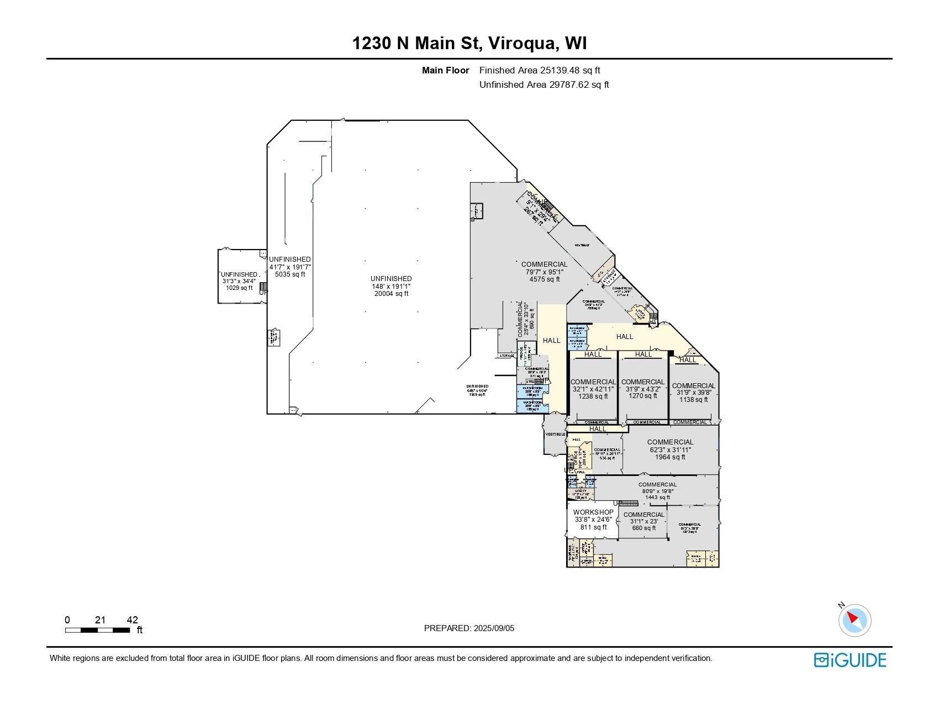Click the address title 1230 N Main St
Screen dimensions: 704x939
469,43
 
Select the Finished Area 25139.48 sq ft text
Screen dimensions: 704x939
539,70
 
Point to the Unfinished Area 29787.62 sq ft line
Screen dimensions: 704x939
544,84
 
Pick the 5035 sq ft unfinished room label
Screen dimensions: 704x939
289,267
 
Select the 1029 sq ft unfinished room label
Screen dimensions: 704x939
239,280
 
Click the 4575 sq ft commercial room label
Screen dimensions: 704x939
544,272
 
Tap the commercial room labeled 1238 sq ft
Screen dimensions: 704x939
593,389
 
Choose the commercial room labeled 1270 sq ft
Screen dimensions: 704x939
642,389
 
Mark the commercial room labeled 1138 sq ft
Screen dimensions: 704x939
693,393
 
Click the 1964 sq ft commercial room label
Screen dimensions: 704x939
669,449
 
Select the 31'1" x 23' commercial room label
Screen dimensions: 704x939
643,521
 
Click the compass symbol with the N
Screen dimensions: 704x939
854,620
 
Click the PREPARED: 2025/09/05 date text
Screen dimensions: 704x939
469,628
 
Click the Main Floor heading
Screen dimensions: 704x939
445,70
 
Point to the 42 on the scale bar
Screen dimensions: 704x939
132,620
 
